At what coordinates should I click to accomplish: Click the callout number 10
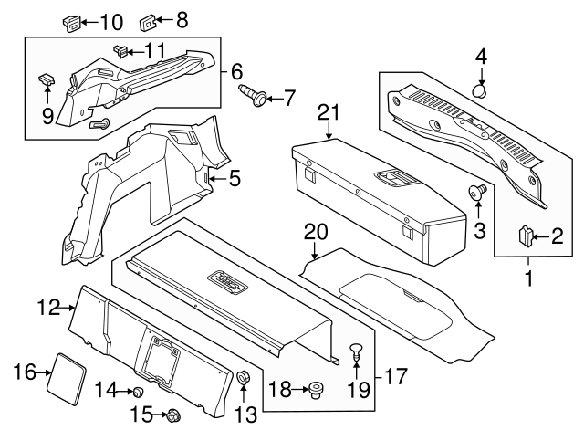tap(110, 20)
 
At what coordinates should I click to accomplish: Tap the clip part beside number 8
tap(148, 20)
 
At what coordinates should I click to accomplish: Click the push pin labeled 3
tap(475, 192)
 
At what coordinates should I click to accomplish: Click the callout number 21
tap(328, 112)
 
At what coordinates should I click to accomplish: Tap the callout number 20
tap(314, 232)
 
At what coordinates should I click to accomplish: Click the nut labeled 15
tap(172, 416)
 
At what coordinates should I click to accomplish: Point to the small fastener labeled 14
tap(138, 392)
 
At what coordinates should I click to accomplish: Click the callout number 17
tap(394, 374)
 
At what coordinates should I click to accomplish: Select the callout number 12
tap(50, 309)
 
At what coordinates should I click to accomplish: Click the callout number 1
tap(526, 274)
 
